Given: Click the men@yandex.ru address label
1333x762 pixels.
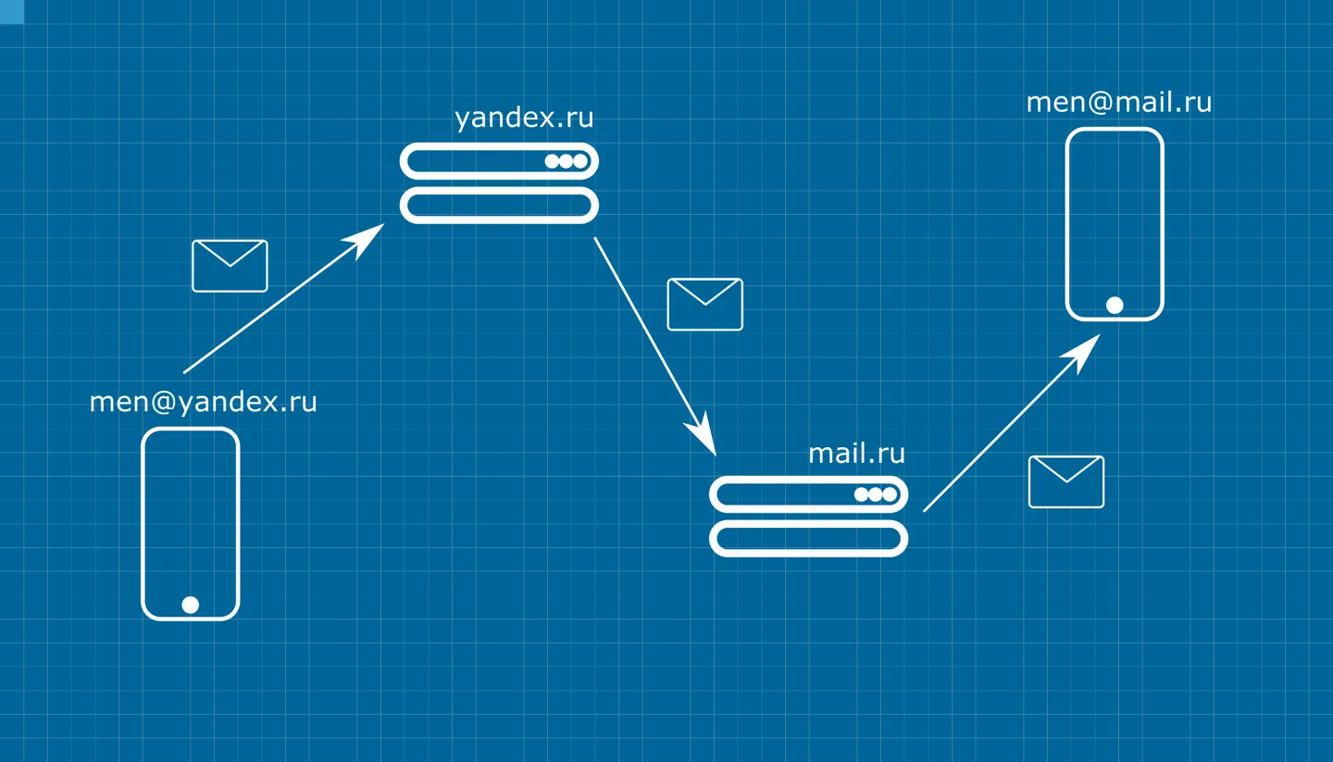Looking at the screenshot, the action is [203, 403].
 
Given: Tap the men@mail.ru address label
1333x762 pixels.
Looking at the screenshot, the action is [1119, 103].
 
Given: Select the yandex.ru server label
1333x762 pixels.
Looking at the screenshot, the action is [524, 118].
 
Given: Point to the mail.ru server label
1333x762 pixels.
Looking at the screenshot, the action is [856, 454].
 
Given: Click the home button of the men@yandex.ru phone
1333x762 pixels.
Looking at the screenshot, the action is [191, 605].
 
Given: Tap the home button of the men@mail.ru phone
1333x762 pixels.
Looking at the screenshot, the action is [1115, 306].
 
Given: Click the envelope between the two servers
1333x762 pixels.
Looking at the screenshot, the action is [705, 305].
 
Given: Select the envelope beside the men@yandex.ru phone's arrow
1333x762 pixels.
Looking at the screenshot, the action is [230, 266].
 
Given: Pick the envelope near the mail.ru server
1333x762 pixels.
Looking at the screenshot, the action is [1066, 482].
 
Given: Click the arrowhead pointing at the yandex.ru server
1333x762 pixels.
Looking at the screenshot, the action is [366, 238].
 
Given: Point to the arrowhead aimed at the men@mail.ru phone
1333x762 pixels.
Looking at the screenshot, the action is [1082, 350].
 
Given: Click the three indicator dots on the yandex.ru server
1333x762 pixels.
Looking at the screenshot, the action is [566, 161].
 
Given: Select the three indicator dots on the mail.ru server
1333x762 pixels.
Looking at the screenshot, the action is [876, 494].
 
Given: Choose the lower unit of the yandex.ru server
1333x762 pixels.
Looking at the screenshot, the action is [499, 206].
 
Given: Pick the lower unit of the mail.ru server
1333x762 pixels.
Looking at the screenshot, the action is [809, 539].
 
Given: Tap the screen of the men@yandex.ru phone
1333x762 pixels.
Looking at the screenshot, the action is [191, 511].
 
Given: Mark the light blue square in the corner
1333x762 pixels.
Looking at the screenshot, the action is [12, 12].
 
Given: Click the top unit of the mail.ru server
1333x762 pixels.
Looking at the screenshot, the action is [809, 494].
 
